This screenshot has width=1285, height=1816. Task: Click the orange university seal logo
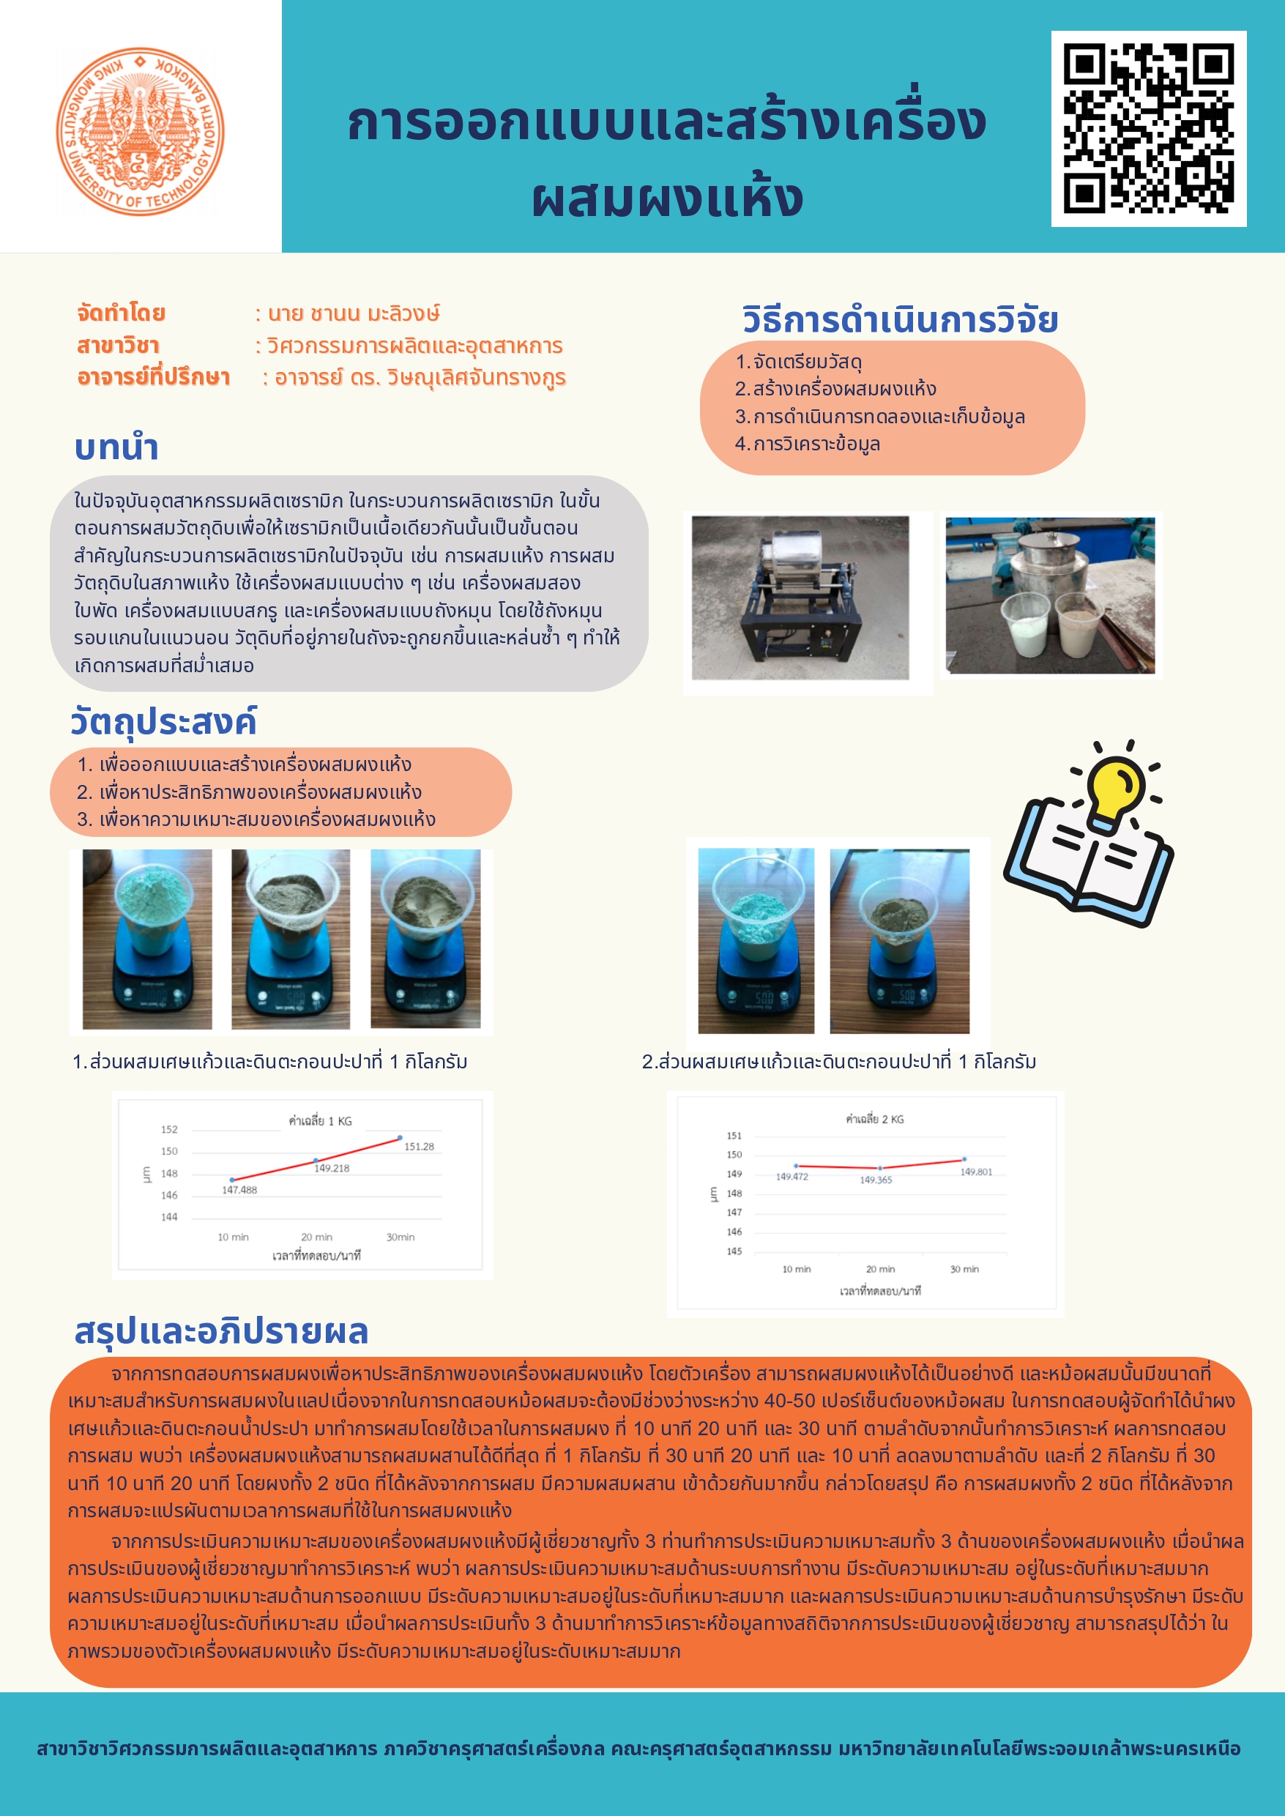coord(140,131)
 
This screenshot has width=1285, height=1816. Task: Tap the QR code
coord(1148,129)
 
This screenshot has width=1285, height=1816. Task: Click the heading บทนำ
coord(116,448)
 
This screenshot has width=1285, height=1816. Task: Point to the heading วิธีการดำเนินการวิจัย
coord(900,320)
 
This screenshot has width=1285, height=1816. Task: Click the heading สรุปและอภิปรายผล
coord(221,1332)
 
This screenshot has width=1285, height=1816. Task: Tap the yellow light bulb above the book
coord(1116,789)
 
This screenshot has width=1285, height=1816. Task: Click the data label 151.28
coord(419,1147)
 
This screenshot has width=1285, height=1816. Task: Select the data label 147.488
coord(239,1190)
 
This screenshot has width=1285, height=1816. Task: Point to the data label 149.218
coord(332,1168)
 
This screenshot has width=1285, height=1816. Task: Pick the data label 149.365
coord(875,1180)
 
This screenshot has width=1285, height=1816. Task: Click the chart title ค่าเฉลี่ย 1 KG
coord(320,1121)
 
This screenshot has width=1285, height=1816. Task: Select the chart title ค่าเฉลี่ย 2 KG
coord(874,1120)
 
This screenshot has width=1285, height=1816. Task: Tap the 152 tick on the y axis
coord(169,1129)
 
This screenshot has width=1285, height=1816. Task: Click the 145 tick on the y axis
coord(734,1251)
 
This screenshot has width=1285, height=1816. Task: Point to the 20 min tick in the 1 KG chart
coord(316,1237)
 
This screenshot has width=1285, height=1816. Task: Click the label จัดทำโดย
coord(121,313)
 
